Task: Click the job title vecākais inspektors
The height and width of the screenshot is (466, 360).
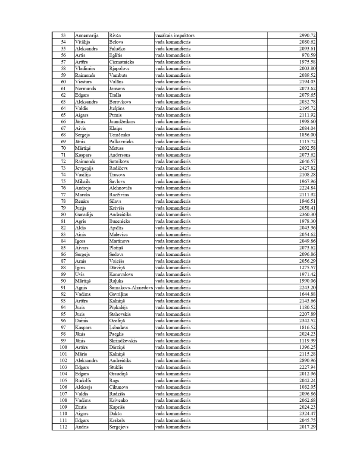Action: point(174,35)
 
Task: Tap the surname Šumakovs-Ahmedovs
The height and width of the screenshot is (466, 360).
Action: point(131,287)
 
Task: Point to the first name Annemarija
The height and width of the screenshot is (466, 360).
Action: point(87,35)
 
